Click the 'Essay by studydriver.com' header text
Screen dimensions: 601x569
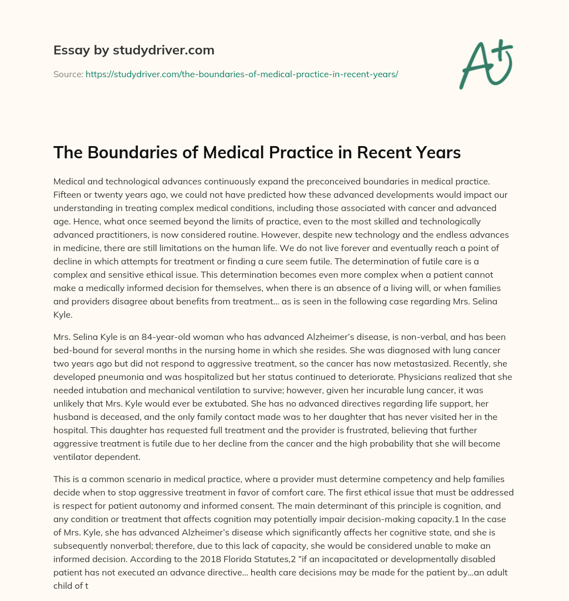pos(133,51)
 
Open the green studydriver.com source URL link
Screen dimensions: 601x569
pos(242,74)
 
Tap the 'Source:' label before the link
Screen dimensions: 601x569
pos(68,74)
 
